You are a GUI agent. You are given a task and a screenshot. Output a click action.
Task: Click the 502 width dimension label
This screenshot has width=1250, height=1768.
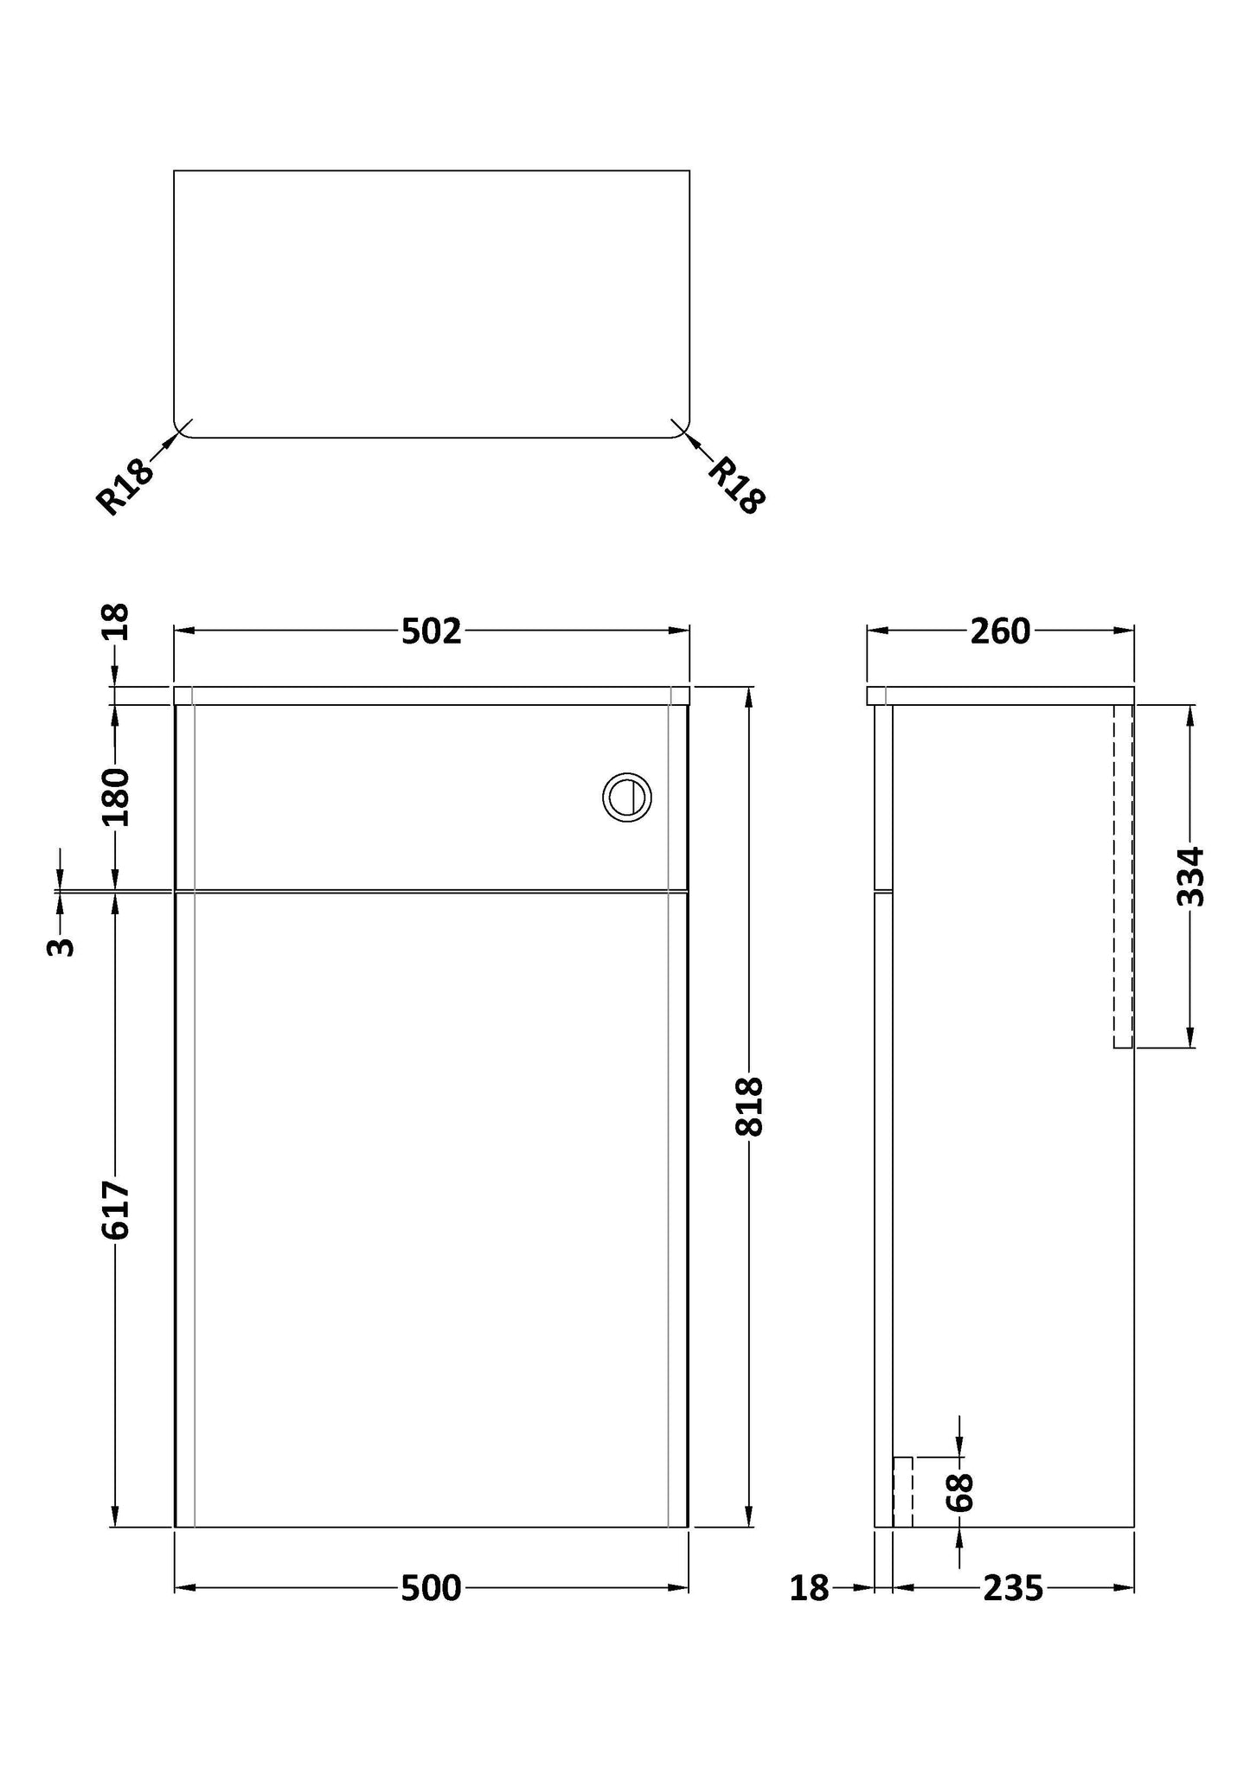(431, 631)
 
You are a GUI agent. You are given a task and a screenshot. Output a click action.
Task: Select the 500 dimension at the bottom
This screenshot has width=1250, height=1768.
(431, 1588)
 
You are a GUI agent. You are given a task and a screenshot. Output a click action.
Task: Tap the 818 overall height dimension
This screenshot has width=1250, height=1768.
(749, 1105)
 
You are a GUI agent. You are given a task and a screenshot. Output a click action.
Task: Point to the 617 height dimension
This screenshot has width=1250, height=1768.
(115, 1209)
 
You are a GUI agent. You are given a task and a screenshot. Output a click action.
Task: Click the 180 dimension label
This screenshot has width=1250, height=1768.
(115, 797)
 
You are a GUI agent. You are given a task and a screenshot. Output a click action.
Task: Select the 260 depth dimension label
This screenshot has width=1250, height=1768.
(1000, 631)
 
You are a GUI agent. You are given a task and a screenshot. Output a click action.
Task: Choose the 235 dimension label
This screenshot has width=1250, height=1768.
(1013, 1588)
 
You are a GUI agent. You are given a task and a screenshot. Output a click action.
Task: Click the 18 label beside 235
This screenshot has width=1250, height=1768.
(809, 1588)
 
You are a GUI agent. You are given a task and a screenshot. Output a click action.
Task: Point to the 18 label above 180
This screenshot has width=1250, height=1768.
(115, 621)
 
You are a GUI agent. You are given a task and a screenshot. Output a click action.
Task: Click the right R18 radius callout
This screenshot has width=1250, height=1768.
(737, 485)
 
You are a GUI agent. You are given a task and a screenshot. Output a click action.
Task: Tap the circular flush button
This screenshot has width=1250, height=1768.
(627, 797)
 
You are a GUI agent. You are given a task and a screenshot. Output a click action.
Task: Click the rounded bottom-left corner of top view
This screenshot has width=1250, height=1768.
(180, 430)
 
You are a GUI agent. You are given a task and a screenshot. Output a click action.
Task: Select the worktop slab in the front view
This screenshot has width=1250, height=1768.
(431, 695)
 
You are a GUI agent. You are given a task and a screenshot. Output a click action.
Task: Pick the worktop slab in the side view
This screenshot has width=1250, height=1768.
(1000, 695)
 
